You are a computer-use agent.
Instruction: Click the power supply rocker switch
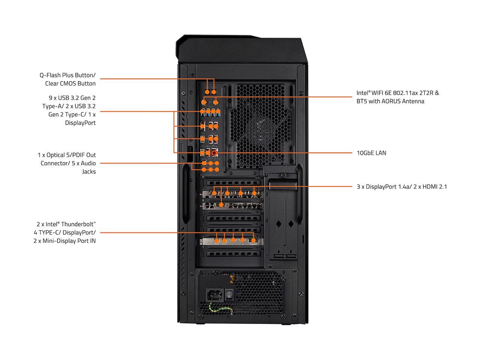pyautogui.click(x=229, y=295)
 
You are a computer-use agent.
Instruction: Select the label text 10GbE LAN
pyautogui.click(x=371, y=153)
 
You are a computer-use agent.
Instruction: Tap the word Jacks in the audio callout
pyautogui.click(x=89, y=172)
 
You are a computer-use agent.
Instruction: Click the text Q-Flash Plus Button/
pyautogui.click(x=67, y=75)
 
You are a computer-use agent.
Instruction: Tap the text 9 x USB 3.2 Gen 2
pyautogui.click(x=72, y=98)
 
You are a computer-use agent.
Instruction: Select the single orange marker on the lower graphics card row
pyautogui.click(x=222, y=205)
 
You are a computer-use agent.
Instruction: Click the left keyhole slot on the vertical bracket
pyautogui.click(x=279, y=224)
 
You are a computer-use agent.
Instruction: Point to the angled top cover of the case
pyautogui.click(x=240, y=49)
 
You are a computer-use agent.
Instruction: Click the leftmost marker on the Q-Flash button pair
pyautogui.click(x=207, y=91)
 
